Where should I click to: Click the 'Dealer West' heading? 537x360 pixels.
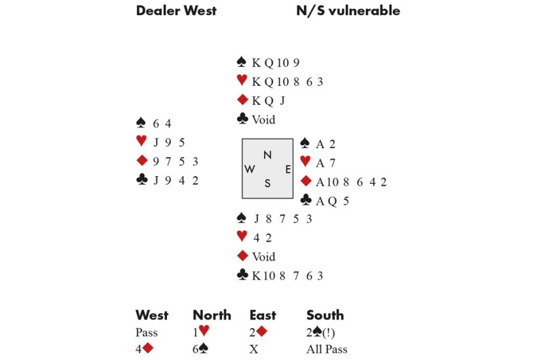pos(176,11)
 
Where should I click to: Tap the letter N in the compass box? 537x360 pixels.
pos(267,155)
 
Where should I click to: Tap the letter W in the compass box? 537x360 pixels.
pos(250,169)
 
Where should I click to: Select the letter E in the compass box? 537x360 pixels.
pos(288,169)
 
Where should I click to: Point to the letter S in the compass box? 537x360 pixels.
pos(267,184)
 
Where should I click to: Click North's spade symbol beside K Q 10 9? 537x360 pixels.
pos(241,63)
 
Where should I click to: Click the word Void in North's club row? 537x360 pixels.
pos(263,120)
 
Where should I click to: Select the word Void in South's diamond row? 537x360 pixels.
pos(263,257)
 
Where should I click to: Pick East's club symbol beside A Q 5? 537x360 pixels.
pos(305,201)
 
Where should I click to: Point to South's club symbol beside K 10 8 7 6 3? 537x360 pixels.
pos(241,276)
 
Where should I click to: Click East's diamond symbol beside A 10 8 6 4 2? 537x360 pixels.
pos(305,182)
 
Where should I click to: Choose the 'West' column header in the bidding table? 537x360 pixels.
pos(152,315)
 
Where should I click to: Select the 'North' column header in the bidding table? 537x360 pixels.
pos(212,315)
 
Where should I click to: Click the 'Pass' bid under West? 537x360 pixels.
pos(147,333)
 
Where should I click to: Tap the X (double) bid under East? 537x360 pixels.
pos(254,350)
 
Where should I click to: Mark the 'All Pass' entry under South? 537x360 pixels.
pos(327,350)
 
